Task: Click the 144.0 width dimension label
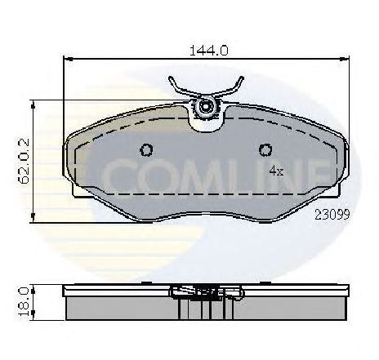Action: [208, 51]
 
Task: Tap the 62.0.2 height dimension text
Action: [24, 161]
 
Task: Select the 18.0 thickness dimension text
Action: [25, 302]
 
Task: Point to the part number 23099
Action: [332, 215]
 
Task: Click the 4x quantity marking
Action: [276, 171]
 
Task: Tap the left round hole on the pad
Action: [146, 150]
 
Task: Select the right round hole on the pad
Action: [265, 150]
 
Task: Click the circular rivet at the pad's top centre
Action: [204, 107]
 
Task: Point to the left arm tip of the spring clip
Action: [171, 78]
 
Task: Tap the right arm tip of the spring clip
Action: [241, 78]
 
